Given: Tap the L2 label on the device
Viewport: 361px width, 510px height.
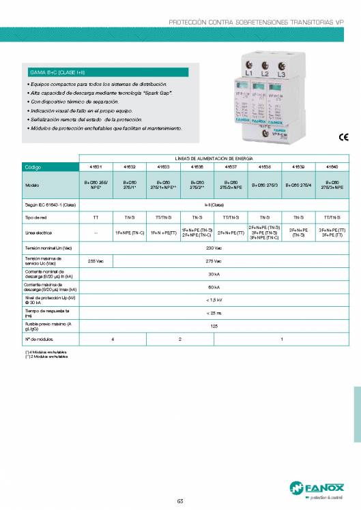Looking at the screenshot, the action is point(265,72).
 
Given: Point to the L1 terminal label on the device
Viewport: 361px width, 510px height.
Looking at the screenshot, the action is point(248,72).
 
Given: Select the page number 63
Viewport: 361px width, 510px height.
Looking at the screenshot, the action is point(180,501).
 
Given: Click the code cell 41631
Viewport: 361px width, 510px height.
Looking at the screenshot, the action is point(96,166).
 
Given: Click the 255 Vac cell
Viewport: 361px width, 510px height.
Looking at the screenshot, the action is point(96,260).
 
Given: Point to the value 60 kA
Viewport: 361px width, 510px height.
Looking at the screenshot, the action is point(214,287).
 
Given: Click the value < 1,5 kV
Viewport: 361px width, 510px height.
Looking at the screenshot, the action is point(214,299).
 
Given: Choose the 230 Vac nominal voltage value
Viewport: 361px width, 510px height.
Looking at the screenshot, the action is point(214,248).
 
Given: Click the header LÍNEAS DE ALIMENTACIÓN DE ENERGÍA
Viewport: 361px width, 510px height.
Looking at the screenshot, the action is point(214,157).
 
